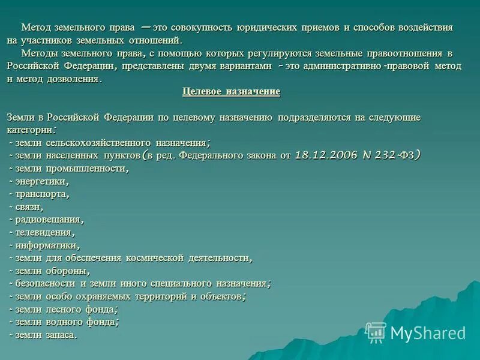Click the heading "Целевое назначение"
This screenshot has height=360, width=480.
tap(231, 92)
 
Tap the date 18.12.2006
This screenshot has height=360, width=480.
tap(325, 155)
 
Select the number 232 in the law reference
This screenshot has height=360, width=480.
tap(385, 155)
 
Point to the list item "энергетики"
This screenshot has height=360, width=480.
tap(41, 181)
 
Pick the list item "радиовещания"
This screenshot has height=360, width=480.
tap(49, 219)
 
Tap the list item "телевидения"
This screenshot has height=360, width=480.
tap(45, 232)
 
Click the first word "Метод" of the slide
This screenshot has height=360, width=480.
tap(34, 28)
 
